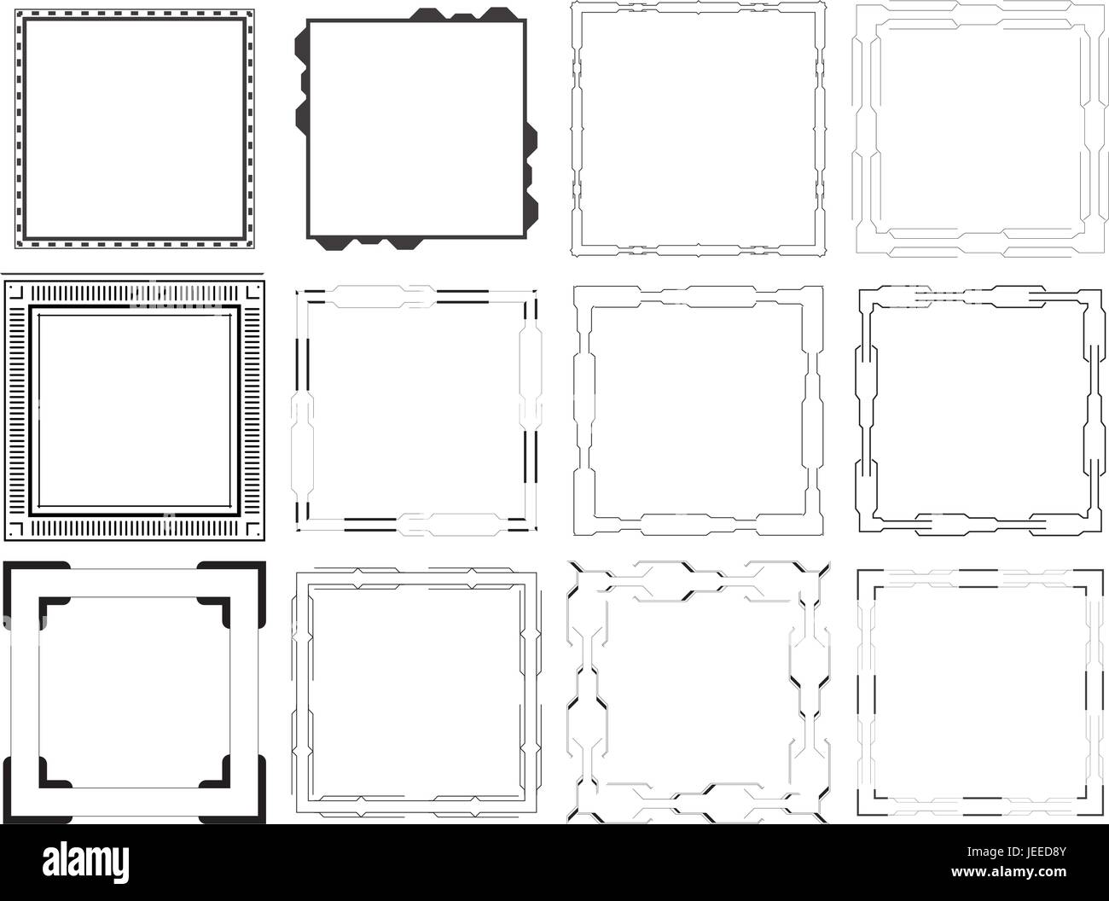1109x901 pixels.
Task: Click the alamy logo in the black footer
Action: [x=85, y=862]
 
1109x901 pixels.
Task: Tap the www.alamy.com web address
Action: [x=1008, y=871]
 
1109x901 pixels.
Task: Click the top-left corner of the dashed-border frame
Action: [x=15, y=10]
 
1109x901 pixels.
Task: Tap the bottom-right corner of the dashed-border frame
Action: [x=253, y=248]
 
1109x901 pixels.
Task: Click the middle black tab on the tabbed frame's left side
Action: [x=303, y=82]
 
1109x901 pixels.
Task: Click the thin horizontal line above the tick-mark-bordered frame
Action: [x=132, y=273]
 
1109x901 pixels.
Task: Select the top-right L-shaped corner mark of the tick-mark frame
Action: [x=253, y=291]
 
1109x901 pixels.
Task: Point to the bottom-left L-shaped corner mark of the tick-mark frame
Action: [x=16, y=530]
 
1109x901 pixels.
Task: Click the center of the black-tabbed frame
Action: [x=416, y=129]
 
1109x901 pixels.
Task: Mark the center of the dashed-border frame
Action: [x=135, y=129]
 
